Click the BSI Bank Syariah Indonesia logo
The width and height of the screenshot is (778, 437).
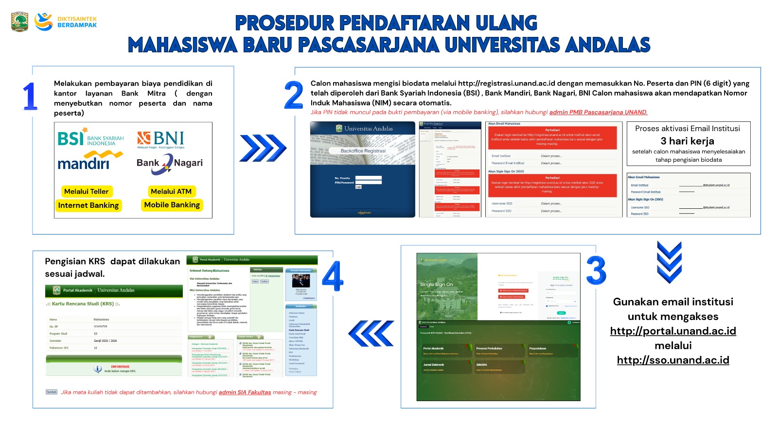pos(90,137)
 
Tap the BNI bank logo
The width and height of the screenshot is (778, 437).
pos(160,139)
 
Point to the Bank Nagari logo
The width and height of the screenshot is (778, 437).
pos(169,163)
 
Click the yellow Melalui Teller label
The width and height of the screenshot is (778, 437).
pos(87,191)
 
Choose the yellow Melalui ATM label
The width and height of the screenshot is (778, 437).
pos(171,191)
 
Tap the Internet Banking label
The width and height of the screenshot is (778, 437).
pos(88,205)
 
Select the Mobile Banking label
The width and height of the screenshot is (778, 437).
pos(172,205)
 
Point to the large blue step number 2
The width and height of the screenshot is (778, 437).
pos(294,95)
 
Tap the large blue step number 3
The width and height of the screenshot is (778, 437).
pos(596,270)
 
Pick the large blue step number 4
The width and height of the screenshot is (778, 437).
pos(333,276)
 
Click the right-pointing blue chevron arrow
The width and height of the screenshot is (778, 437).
pos(263,148)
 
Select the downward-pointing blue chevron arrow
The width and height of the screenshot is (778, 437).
pos(669,262)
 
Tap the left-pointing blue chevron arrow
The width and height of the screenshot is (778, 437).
pos(371,334)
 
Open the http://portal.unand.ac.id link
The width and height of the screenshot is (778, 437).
pos(673,331)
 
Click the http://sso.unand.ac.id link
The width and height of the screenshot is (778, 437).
pos(673,360)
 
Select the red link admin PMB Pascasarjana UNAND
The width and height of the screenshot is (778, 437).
pos(598,112)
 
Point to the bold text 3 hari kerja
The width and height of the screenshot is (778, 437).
pos(687,141)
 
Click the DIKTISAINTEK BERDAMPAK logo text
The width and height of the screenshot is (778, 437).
pos(77,22)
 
